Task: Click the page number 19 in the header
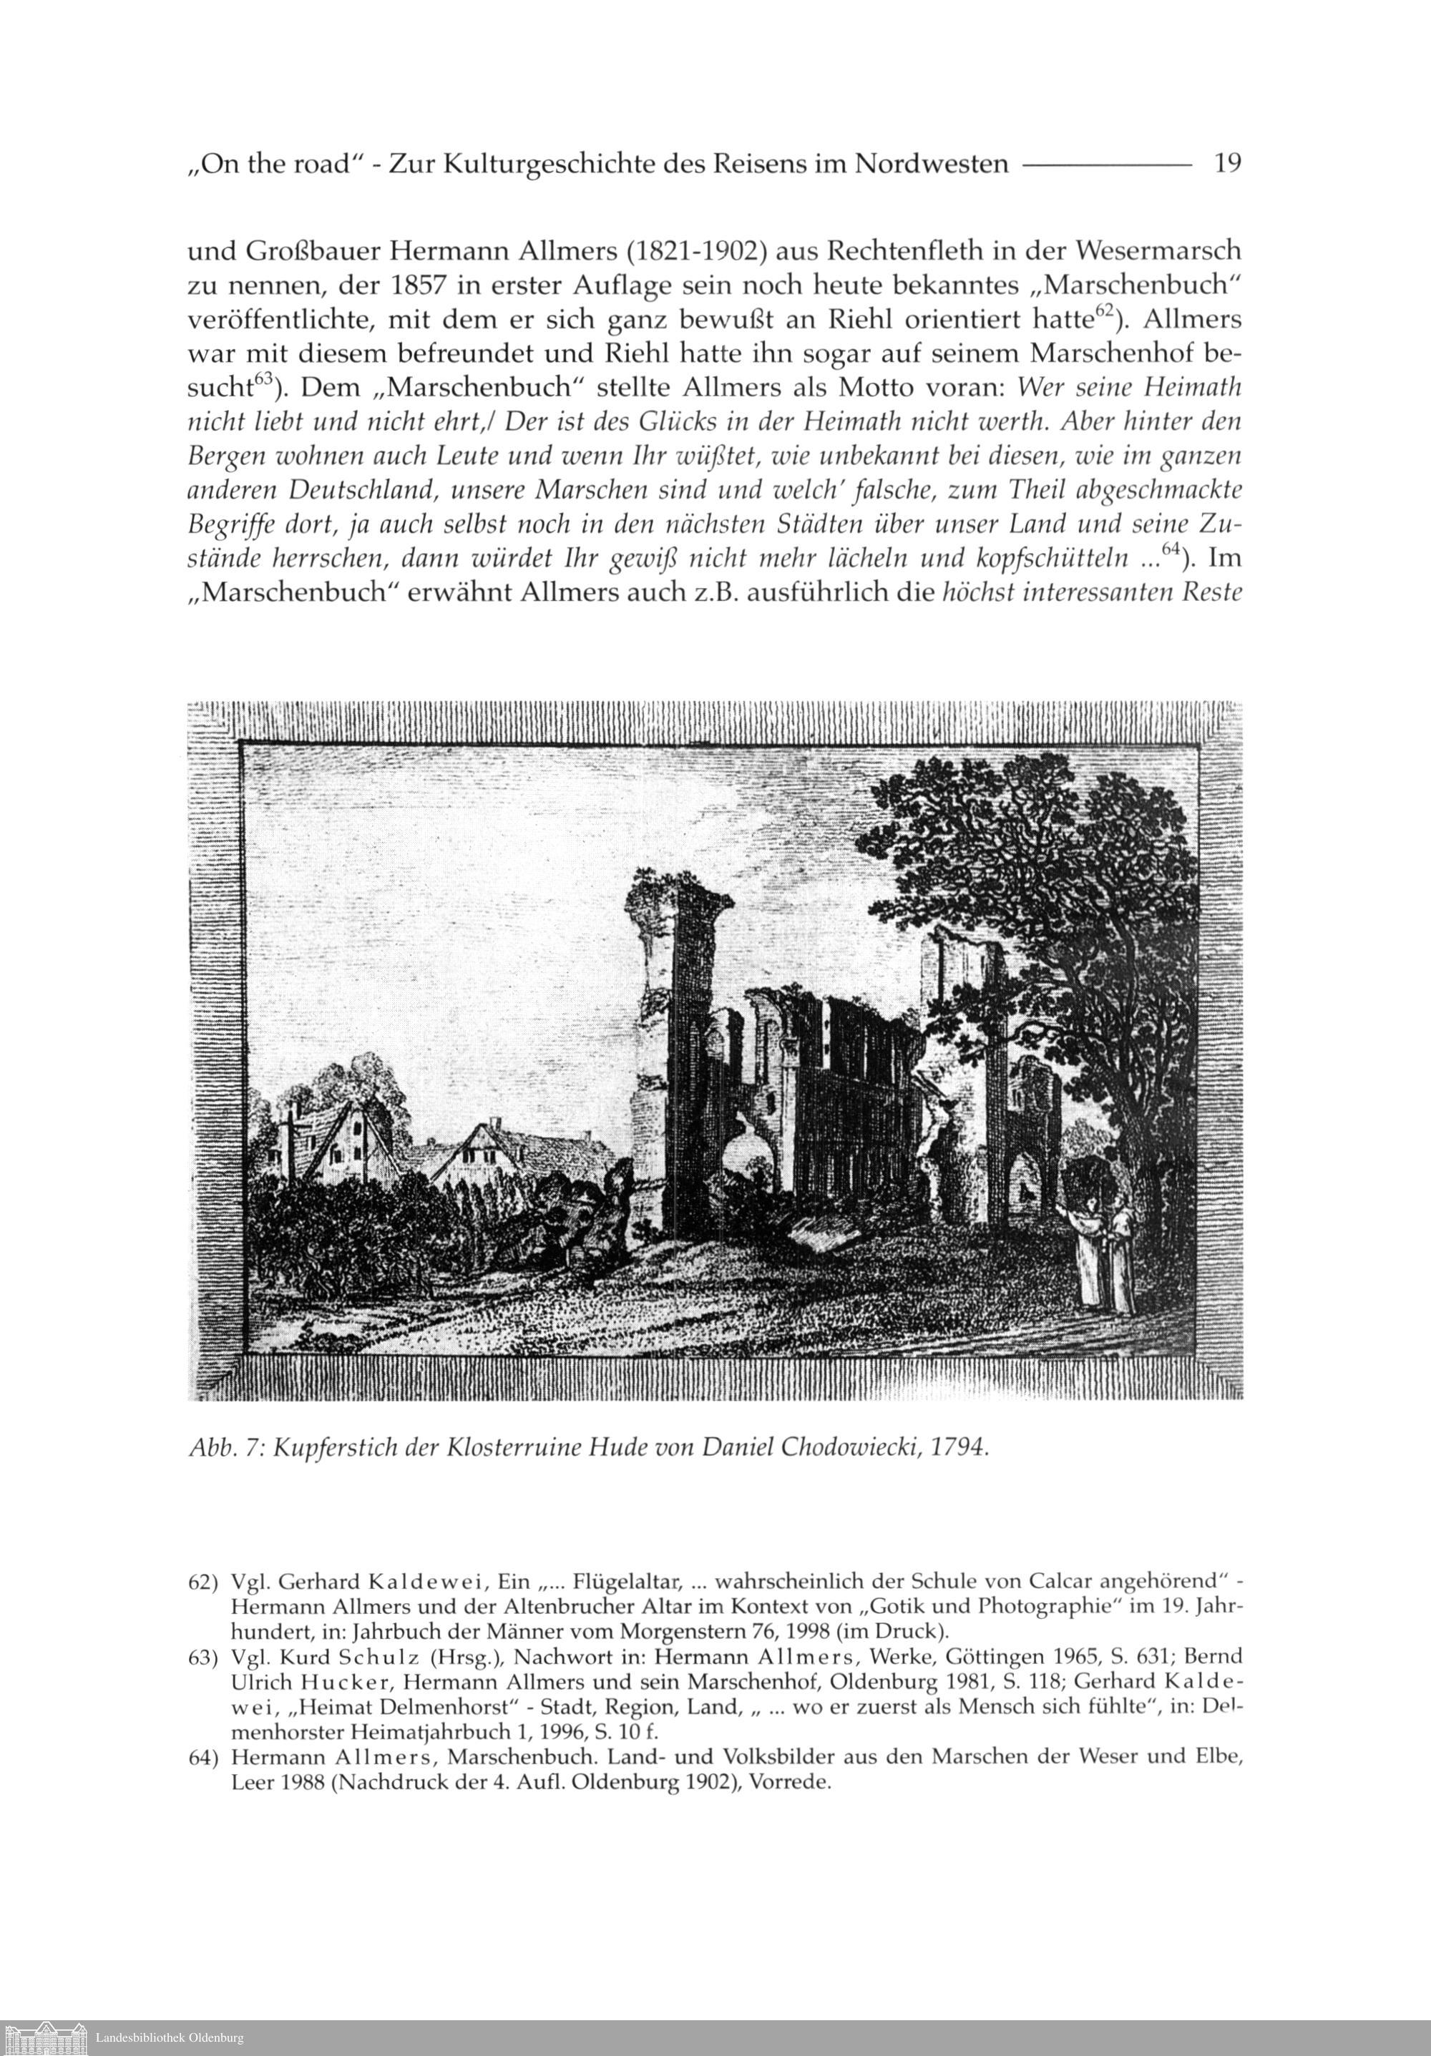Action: click(1226, 164)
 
